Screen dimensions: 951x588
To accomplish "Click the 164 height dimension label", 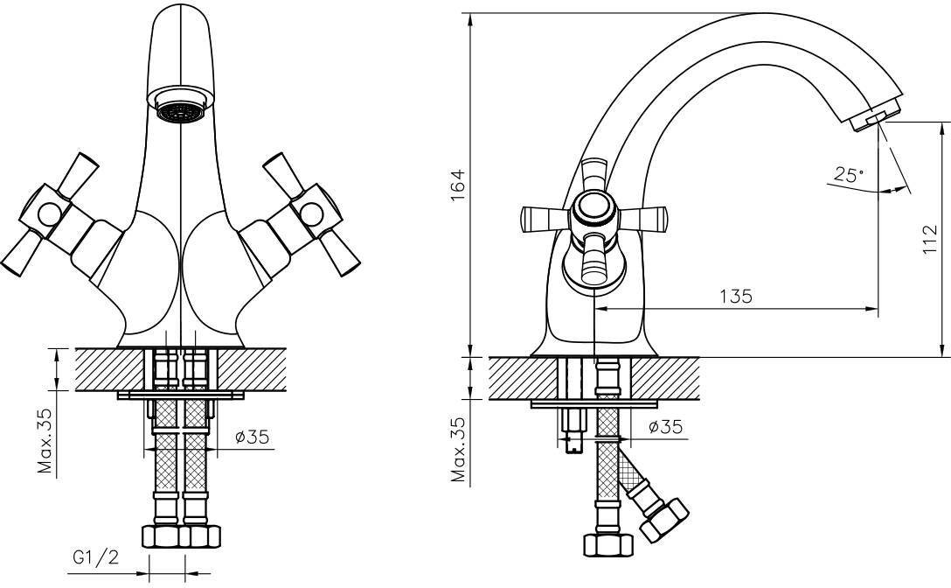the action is pos(459,185).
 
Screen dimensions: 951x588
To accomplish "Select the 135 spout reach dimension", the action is pos(736,296).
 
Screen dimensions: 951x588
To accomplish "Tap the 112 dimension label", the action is pos(929,240).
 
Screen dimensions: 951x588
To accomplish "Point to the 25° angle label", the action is pos(847,175).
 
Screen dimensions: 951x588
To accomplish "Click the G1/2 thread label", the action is pos(96,557).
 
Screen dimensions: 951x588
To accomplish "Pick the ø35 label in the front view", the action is pos(252,436).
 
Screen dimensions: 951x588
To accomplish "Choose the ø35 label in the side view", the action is pos(665,426).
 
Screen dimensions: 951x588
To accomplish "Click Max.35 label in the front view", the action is pos(45,440).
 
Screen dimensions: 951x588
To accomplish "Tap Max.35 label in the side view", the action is pos(459,450).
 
